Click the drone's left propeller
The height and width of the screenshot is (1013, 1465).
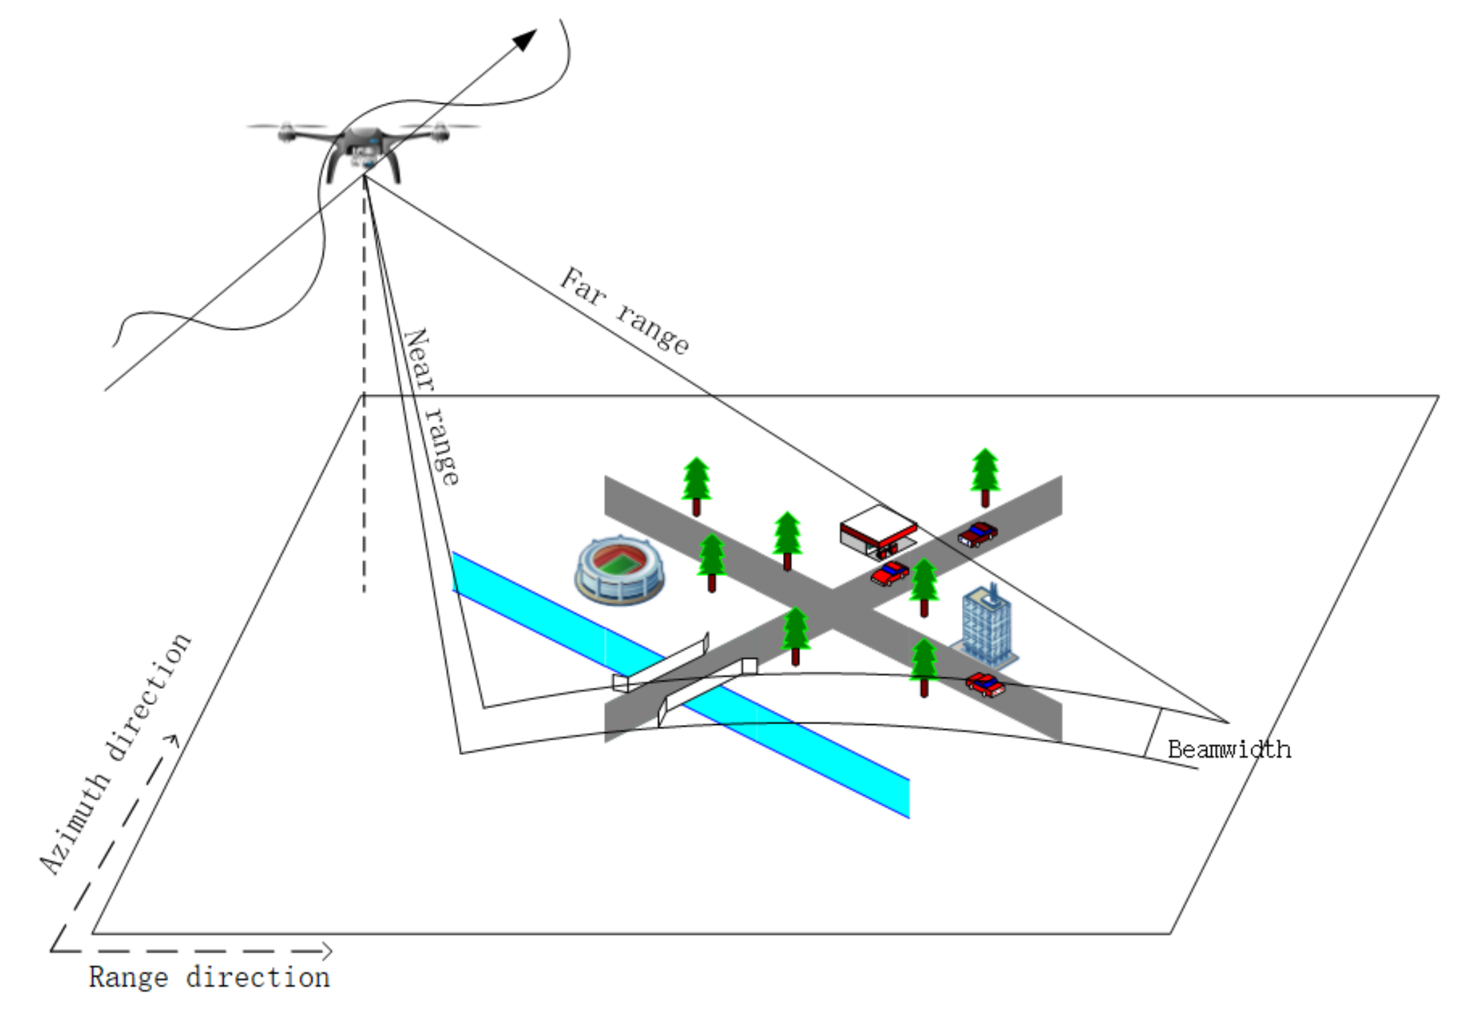point(287,127)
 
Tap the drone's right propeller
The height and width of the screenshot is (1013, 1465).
point(439,127)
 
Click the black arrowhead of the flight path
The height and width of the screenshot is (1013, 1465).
point(525,40)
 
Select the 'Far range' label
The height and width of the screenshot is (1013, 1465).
point(624,310)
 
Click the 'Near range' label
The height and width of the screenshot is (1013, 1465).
point(431,406)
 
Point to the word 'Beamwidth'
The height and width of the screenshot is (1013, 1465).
point(1229,750)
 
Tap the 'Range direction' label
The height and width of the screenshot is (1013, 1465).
point(209,977)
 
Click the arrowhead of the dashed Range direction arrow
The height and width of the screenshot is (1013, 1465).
point(326,950)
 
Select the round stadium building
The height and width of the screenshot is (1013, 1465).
point(619,569)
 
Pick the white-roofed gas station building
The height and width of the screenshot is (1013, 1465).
point(878,529)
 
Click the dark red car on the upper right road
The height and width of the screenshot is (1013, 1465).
point(977,534)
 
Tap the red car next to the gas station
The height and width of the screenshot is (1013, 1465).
point(890,573)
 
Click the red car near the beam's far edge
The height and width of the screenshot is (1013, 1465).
point(985,685)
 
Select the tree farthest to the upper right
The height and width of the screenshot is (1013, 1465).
point(985,476)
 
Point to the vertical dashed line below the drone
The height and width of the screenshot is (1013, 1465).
point(364,402)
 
